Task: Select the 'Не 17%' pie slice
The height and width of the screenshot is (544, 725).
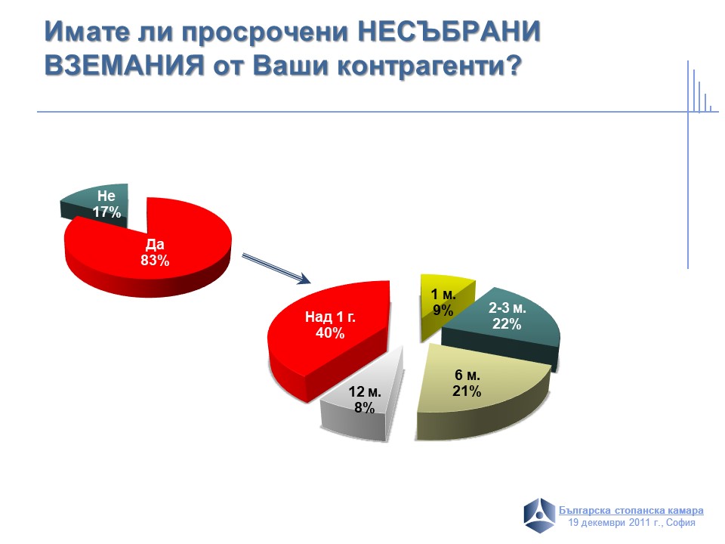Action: click(x=97, y=203)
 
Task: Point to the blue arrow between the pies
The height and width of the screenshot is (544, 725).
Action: click(x=276, y=269)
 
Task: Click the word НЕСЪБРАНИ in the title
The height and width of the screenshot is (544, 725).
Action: click(x=449, y=32)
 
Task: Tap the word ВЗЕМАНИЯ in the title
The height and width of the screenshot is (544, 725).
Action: click(x=125, y=65)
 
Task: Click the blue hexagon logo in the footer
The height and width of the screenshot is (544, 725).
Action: click(x=539, y=515)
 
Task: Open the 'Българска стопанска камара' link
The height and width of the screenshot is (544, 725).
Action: click(x=631, y=511)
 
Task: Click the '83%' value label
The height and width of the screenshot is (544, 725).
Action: click(x=155, y=261)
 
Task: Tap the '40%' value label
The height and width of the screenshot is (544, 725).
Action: click(x=330, y=333)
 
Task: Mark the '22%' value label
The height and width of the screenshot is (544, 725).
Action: click(x=507, y=324)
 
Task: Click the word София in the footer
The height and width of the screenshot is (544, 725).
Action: click(x=680, y=523)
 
